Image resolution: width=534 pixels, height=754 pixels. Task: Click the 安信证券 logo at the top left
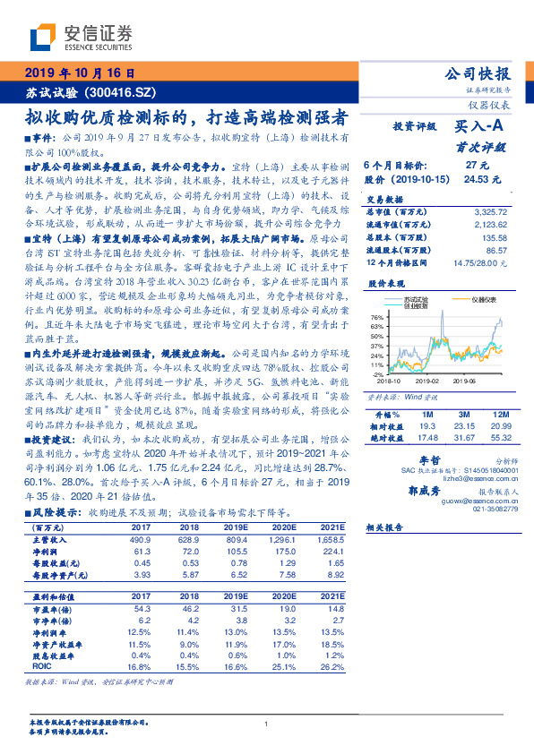coord(81,37)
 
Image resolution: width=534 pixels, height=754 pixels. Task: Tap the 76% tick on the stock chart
coord(376,316)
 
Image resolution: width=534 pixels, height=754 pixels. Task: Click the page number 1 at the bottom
coord(267,723)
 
